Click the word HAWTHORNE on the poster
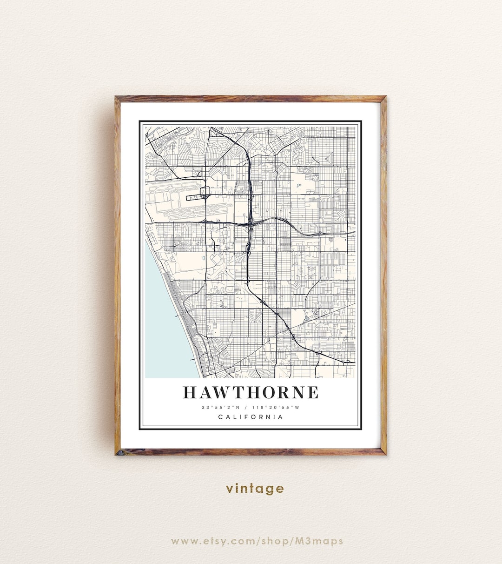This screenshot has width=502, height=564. (251, 392)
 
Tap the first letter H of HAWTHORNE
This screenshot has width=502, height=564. (189, 392)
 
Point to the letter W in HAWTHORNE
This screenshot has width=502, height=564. (219, 392)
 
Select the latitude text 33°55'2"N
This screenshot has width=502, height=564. (221, 408)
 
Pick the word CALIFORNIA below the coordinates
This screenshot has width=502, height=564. (251, 417)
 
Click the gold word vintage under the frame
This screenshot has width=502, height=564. (255, 488)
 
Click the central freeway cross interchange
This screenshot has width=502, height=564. (251, 223)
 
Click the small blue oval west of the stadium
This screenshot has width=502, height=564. (204, 257)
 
